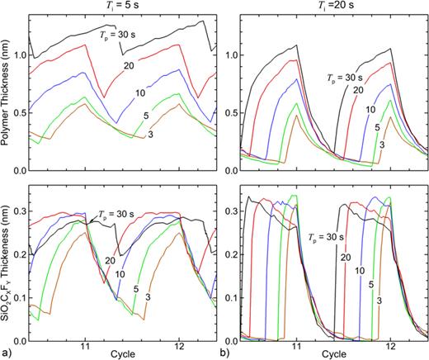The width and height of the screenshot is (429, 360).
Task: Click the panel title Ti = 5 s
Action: [x=123, y=7]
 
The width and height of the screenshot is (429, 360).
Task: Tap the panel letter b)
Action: [x=221, y=352]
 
